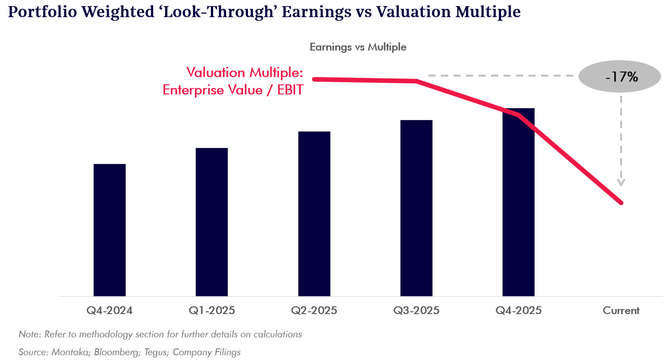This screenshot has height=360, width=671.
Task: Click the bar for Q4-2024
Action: click(x=109, y=230)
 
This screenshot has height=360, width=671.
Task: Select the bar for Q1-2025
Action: click(x=211, y=222)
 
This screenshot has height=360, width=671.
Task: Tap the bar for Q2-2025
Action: click(x=314, y=214)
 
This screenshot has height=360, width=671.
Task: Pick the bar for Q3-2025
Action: click(x=416, y=208)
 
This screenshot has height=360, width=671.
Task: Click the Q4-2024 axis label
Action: click(x=109, y=310)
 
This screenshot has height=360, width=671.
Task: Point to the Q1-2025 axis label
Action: click(x=211, y=310)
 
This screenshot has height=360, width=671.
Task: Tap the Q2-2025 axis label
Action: click(x=314, y=310)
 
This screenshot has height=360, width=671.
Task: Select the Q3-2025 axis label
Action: click(x=416, y=310)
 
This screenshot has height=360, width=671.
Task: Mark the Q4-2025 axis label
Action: click(x=518, y=310)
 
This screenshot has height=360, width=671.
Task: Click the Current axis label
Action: click(x=621, y=310)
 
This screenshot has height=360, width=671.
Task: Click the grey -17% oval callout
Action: click(x=620, y=77)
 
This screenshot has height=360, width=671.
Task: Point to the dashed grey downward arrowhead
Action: click(x=621, y=182)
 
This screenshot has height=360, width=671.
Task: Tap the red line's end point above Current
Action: click(x=621, y=203)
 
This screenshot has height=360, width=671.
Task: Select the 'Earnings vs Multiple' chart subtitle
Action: click(x=358, y=47)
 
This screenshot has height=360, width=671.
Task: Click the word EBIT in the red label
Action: click(x=290, y=90)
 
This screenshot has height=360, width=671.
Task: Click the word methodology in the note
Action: click(x=106, y=334)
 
